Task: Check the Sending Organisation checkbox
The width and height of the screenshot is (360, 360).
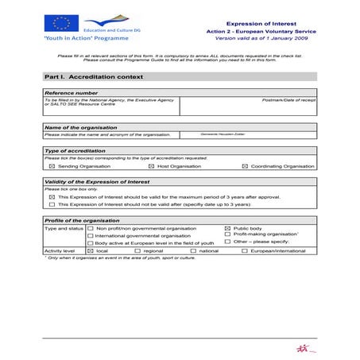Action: point(52,167)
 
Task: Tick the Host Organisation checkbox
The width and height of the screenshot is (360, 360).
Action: point(153,167)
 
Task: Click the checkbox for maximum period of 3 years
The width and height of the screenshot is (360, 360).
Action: point(52,196)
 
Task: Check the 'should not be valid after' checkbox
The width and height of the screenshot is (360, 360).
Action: point(52,204)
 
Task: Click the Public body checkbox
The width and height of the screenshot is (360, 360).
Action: point(228,228)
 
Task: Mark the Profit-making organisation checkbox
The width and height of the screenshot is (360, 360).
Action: point(228,234)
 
